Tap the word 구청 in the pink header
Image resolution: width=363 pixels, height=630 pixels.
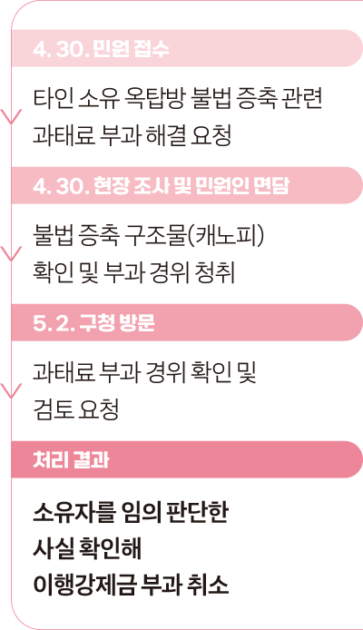[92, 323]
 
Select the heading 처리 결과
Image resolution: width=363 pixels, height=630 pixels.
[71, 460]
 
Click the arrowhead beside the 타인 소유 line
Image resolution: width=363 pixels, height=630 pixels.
[11, 116]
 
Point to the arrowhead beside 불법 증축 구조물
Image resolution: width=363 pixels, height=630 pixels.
[11, 254]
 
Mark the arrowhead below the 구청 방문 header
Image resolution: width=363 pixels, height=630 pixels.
[11, 391]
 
